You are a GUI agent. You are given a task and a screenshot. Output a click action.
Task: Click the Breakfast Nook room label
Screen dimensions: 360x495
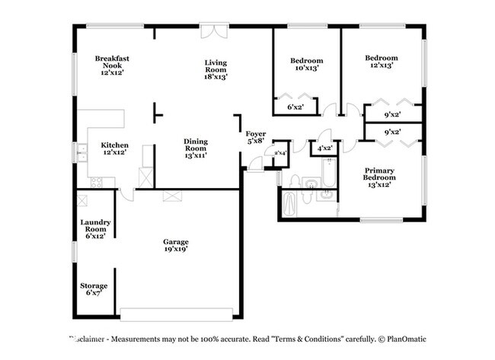113,65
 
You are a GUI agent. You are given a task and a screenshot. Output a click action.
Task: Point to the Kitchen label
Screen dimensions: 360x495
114,148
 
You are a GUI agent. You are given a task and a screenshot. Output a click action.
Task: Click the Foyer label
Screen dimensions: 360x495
256,137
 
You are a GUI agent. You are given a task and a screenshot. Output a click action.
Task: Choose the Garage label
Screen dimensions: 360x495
175,245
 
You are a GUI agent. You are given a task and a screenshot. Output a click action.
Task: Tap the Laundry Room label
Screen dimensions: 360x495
97,228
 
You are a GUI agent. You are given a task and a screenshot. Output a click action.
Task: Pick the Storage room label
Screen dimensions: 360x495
94,289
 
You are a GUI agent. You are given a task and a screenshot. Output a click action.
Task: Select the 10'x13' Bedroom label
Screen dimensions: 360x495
307,64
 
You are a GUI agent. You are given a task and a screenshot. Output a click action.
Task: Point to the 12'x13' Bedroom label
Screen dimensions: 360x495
381,62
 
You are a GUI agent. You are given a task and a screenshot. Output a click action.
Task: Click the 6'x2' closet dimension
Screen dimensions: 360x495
295,107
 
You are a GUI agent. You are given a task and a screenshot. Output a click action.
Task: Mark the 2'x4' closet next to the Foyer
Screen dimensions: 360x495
280,153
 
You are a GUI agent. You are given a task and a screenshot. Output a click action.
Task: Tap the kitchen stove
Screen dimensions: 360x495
96,182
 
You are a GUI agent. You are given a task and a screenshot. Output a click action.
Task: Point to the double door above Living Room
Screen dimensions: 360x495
214,31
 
